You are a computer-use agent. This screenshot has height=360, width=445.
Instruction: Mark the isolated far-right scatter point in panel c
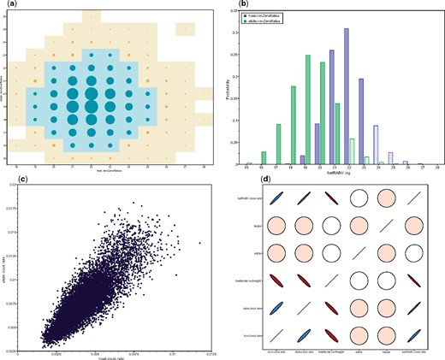tap(200, 244)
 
